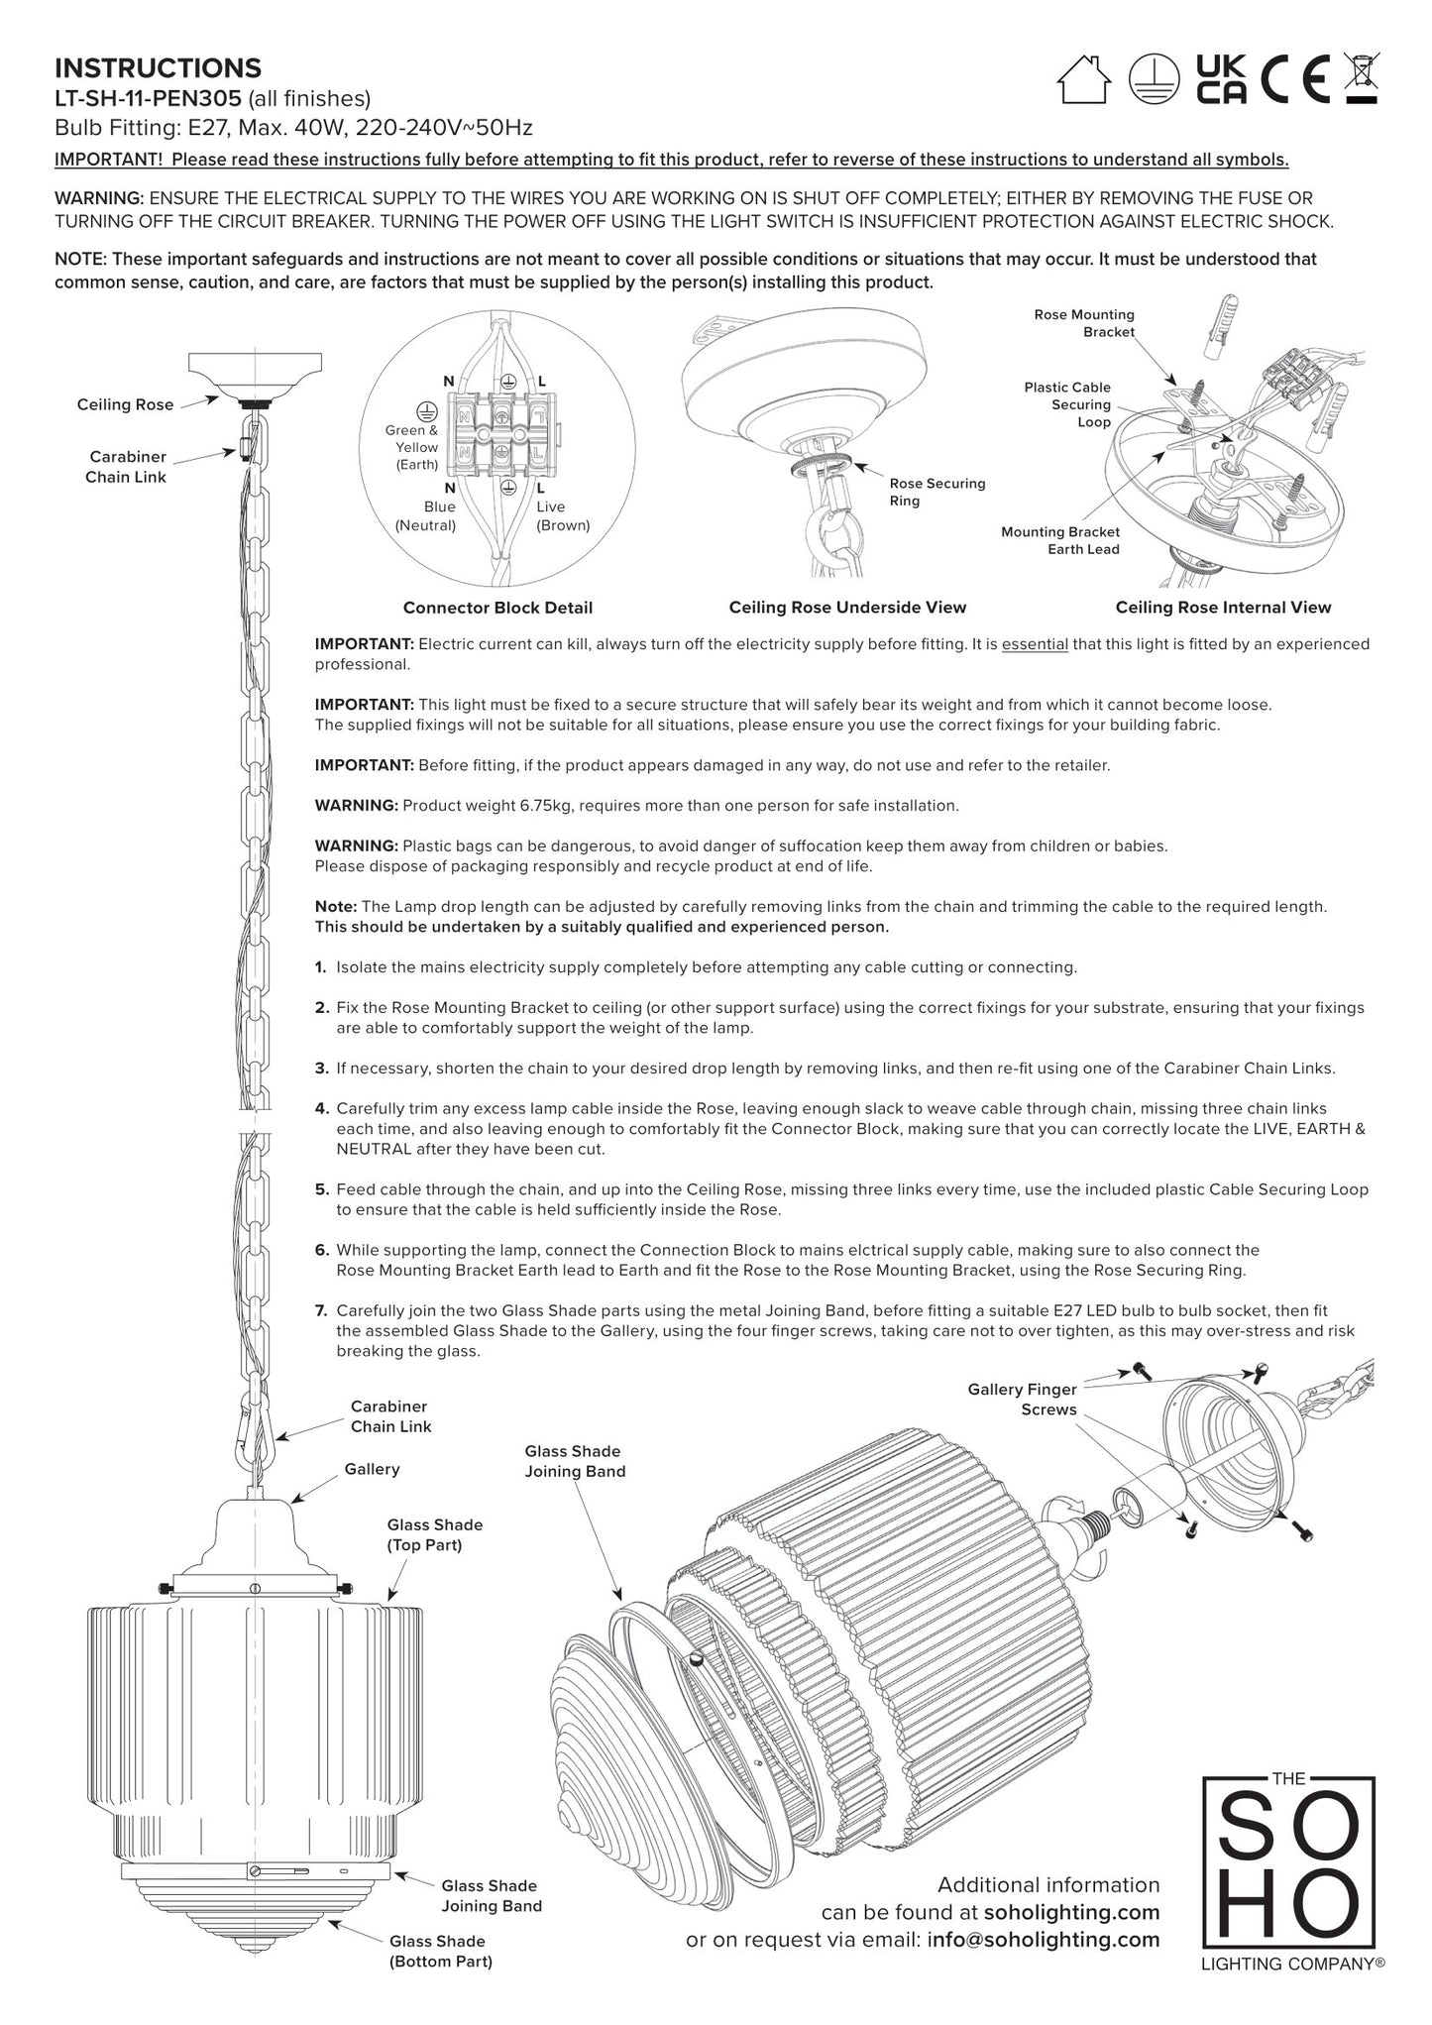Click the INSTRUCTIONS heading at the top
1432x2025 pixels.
158,68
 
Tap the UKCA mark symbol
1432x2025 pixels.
1221,79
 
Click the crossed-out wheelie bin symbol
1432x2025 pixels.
1362,78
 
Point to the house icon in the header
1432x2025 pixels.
1084,78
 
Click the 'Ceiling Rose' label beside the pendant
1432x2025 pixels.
125,404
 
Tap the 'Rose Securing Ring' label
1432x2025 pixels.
936,492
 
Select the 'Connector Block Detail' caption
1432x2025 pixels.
497,608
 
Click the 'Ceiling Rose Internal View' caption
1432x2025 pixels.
1223,608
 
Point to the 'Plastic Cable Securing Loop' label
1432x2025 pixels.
1067,404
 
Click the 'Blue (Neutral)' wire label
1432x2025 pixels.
426,515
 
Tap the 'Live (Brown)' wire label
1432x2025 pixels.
562,515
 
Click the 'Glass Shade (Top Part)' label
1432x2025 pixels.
435,1534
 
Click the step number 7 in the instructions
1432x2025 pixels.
321,1310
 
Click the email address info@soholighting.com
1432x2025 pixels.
1043,1940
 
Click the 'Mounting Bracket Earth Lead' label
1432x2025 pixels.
1059,540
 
